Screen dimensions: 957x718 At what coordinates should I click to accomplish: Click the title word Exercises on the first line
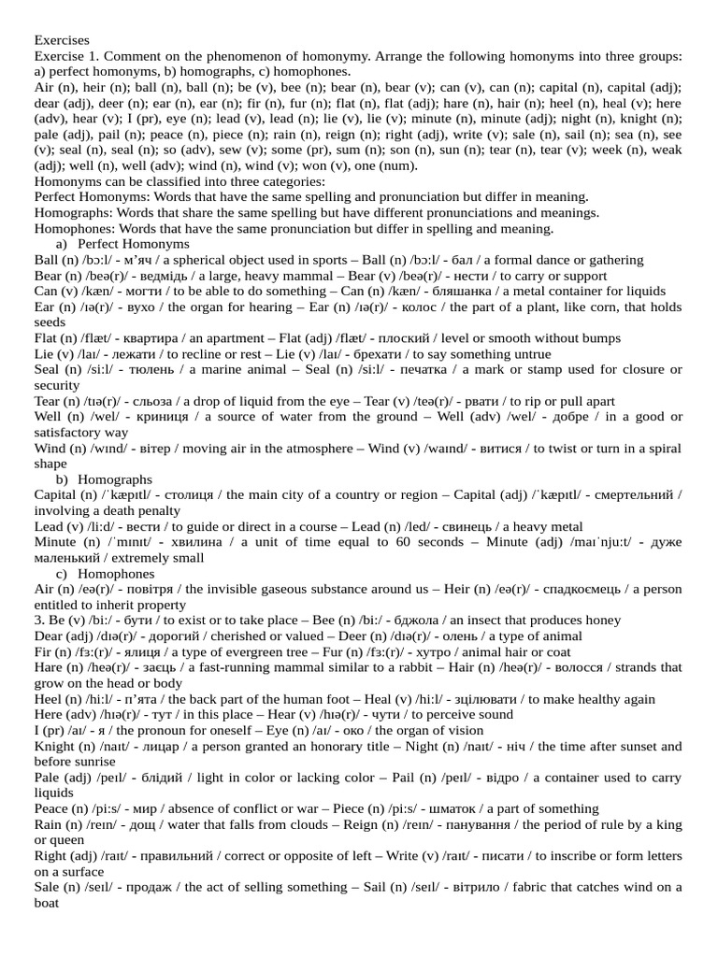tap(62, 40)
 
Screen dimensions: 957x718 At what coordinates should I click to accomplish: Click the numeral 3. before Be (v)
tap(39, 620)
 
